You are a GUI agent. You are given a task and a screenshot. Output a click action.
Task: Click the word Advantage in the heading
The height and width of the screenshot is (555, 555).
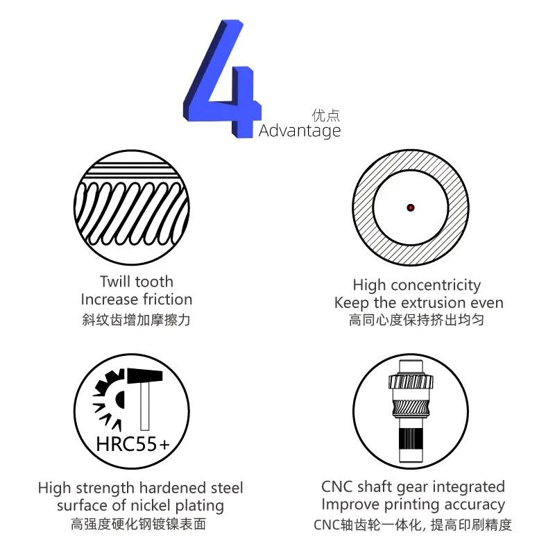(300, 131)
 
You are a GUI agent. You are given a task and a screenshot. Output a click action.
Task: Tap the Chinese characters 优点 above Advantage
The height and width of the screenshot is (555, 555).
(325, 115)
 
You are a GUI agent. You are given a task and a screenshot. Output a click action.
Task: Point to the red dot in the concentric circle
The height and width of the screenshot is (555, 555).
(411, 207)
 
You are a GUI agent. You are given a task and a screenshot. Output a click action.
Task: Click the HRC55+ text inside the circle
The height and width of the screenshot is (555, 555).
(133, 444)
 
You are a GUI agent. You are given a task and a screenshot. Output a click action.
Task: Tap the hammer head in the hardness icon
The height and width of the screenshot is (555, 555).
(145, 376)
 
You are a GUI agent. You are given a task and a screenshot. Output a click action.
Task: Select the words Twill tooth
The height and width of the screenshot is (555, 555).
(137, 282)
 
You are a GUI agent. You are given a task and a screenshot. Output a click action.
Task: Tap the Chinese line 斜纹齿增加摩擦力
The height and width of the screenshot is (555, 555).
(136, 320)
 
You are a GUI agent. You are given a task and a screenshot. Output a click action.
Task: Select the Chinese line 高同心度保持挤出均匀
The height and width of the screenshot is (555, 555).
(416, 320)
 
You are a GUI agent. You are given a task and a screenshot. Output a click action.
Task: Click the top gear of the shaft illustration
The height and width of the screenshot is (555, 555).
(411, 382)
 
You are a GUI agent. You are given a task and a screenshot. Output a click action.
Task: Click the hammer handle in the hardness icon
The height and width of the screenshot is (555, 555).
(144, 407)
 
